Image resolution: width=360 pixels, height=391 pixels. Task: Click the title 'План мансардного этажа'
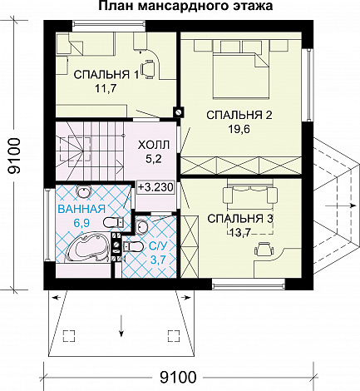pos(185,6)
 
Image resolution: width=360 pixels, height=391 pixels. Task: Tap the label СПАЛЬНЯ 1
pos(106,75)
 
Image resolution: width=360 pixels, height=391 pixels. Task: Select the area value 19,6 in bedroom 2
pos(239,129)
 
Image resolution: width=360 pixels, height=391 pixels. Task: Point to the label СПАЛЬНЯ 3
pos(240,219)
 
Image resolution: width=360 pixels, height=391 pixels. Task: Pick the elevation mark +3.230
pos(155,187)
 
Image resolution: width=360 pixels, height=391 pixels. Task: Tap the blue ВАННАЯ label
pos(81,209)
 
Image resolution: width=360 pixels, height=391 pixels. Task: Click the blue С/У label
pos(158,246)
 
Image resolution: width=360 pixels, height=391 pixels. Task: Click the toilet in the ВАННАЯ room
pos(114,222)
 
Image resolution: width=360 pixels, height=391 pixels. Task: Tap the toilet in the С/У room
pos(132,246)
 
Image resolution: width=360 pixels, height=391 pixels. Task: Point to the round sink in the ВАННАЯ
pos(83,191)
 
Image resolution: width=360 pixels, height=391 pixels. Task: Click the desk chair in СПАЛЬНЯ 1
pos(148,69)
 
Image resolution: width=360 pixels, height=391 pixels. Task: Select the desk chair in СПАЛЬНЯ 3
pos(264,250)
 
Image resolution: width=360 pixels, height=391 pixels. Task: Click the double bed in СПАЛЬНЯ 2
pos(241,76)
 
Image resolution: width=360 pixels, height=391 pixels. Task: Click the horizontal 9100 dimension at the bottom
pos(178,377)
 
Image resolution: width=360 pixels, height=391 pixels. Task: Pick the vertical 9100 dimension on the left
pos(14,156)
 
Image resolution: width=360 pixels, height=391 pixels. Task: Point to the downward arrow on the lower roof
pos(121,325)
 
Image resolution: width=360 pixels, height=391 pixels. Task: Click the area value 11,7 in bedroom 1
pos(105,88)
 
